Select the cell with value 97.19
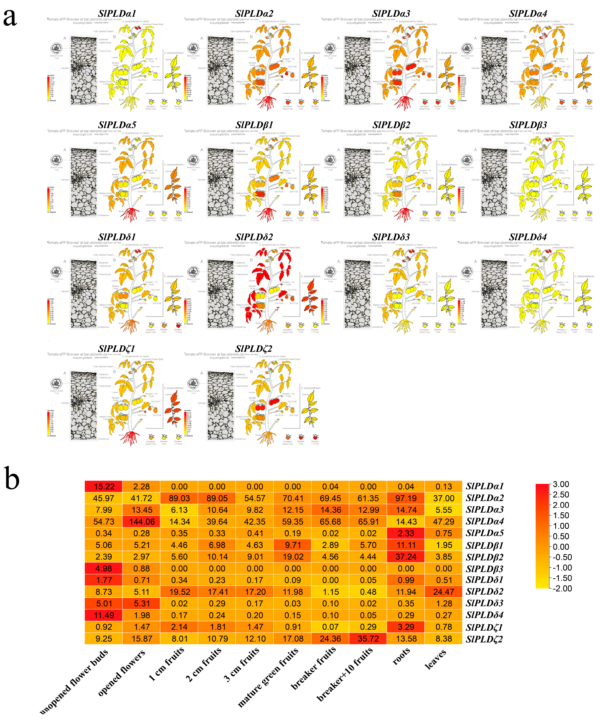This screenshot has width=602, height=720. tap(406, 498)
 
